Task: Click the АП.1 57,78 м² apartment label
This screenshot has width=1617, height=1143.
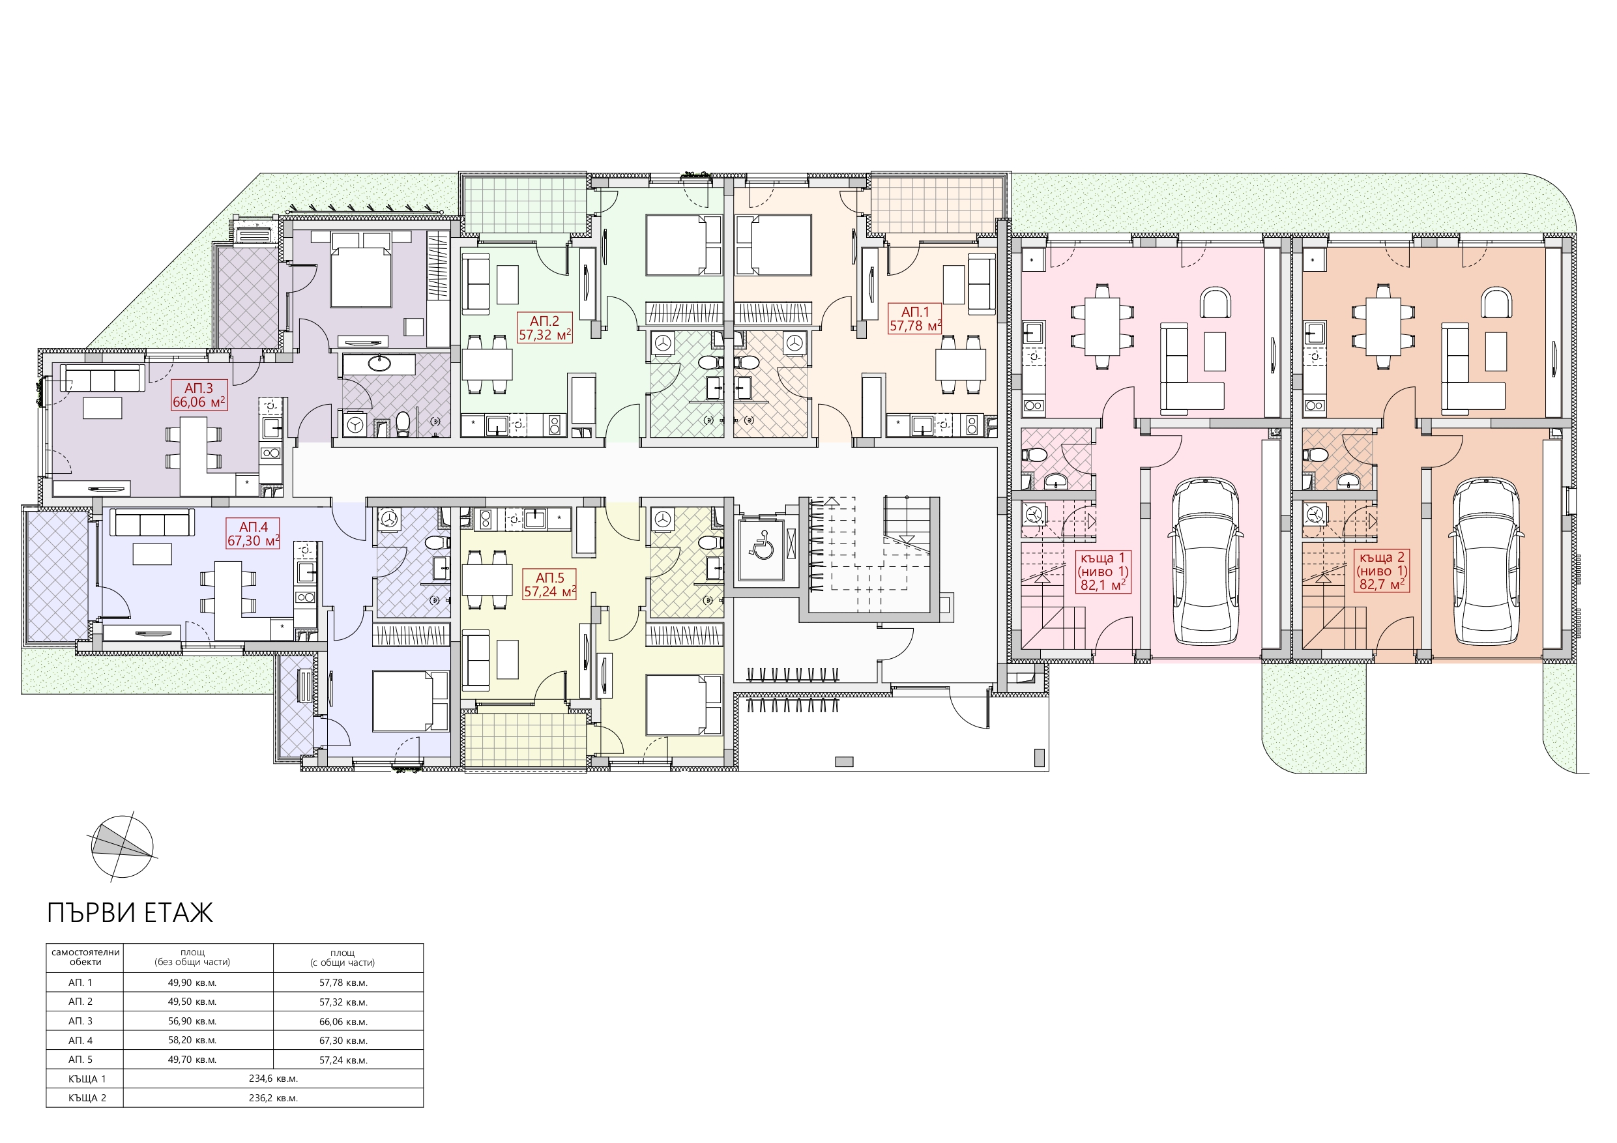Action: pos(915,318)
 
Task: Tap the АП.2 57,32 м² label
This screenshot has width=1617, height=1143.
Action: pos(544,328)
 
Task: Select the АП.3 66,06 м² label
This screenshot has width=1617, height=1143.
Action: pos(199,395)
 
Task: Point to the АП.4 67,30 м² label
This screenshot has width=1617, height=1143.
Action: pos(253,534)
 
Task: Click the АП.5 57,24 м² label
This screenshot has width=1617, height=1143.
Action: pos(549,585)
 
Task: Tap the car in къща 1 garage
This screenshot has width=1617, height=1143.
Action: pos(1204,560)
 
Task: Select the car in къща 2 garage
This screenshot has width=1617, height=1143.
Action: pos(1486,560)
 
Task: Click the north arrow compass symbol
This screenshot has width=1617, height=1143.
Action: pos(122,846)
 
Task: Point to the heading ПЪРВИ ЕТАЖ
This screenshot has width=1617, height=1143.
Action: pos(130,913)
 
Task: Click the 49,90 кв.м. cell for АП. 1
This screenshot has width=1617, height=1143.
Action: pos(192,983)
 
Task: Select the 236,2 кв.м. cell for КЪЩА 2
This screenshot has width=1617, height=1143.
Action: pos(273,1098)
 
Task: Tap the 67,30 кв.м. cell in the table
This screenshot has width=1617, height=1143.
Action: pos(343,1040)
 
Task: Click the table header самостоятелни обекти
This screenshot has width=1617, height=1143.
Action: pos(85,957)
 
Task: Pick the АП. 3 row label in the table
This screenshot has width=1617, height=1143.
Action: pos(80,1021)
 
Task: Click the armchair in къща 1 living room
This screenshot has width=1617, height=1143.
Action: pos(1216,303)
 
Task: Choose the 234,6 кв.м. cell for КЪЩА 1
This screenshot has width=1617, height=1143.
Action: pos(273,1079)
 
